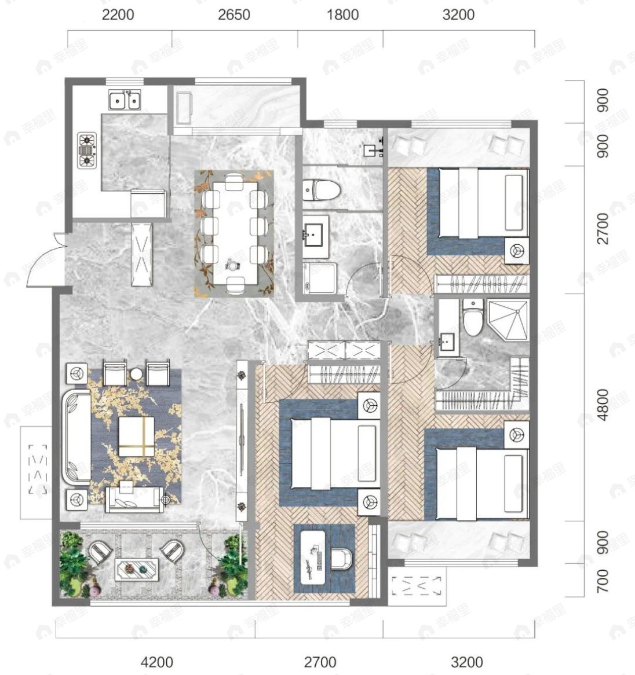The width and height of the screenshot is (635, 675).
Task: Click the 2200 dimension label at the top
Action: point(118,15)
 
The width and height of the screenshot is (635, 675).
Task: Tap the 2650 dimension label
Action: point(234,15)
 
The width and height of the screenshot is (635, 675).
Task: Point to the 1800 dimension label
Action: point(342,15)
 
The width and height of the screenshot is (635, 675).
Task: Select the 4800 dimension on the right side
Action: point(603,405)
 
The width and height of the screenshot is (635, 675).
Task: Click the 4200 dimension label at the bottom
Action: point(157,662)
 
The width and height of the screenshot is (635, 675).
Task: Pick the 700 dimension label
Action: point(603,580)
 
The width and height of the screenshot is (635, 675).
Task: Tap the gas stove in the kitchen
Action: point(87,151)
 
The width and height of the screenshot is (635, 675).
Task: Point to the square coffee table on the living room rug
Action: point(136,436)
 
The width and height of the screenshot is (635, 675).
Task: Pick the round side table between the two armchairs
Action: point(137,374)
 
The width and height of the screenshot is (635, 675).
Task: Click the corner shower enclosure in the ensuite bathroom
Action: point(508,320)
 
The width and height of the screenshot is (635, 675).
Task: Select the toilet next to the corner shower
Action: point(473,318)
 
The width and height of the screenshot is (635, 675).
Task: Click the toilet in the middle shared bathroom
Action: point(322,190)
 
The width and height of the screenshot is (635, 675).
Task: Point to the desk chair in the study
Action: point(342,558)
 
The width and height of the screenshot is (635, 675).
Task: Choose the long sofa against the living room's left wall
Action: point(76,436)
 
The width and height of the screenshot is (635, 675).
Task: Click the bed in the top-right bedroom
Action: point(483,203)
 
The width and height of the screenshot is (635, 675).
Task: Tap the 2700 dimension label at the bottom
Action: point(320,662)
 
